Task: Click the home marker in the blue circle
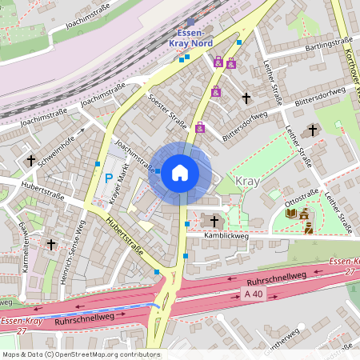(180, 172)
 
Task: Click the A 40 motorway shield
(254, 294)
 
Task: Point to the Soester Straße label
(169, 112)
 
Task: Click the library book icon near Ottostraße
(291, 213)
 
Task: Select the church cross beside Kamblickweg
(214, 220)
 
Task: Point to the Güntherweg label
(282, 334)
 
